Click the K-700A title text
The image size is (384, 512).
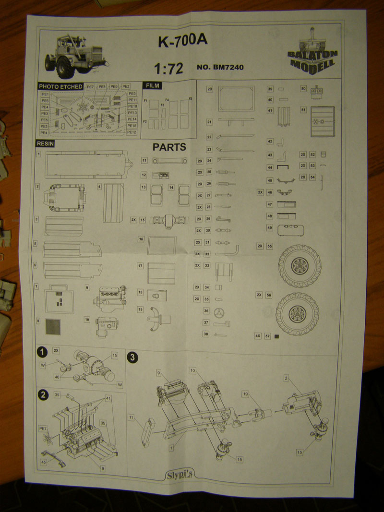pyautogui.click(x=182, y=42)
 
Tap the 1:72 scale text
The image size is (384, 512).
pyautogui.click(x=168, y=69)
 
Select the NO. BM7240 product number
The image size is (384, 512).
pyautogui.click(x=220, y=68)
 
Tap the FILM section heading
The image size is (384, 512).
pyautogui.click(x=151, y=86)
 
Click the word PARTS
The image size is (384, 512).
pyautogui.click(x=169, y=147)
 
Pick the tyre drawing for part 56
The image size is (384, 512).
pyautogui.click(x=298, y=314)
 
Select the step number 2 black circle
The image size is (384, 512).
pyautogui.click(x=43, y=394)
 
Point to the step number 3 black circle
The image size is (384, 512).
pyautogui.click(x=132, y=357)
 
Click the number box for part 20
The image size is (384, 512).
pyautogui.click(x=210, y=89)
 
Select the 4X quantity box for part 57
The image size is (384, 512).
pyautogui.click(x=258, y=336)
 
